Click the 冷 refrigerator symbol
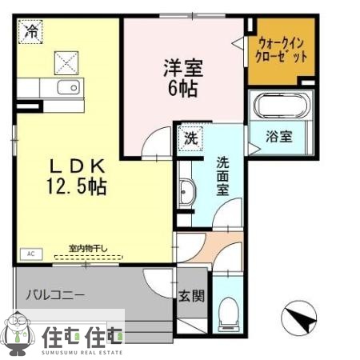pos(30,33)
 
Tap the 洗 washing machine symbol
pos(190,137)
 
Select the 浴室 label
pos(279,136)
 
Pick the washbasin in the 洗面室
pos(188,193)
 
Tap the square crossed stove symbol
pos(66,60)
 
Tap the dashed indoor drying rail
pos(88,258)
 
